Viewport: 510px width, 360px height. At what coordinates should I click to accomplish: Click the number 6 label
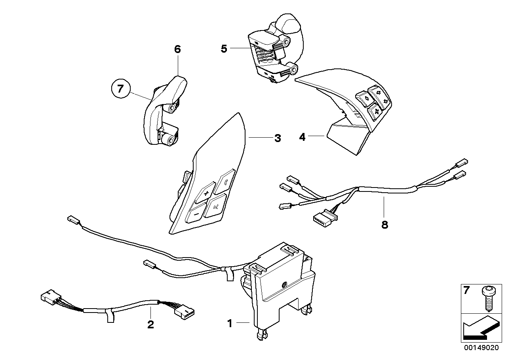pyautogui.click(x=177, y=49)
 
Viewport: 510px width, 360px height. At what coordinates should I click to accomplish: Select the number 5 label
pyautogui.click(x=224, y=49)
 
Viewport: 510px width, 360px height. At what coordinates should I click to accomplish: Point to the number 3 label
pyautogui.click(x=278, y=138)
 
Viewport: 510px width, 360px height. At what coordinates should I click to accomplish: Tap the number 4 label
pyautogui.click(x=303, y=137)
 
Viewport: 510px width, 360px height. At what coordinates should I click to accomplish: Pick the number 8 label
pyautogui.click(x=384, y=225)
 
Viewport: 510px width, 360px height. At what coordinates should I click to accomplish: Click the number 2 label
pyautogui.click(x=150, y=325)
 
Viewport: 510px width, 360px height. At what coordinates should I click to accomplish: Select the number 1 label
pyautogui.click(x=230, y=324)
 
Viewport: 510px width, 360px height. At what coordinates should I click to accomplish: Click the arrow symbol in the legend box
pyautogui.click(x=478, y=328)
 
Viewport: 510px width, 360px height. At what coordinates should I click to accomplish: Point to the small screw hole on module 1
pyautogui.click(x=284, y=285)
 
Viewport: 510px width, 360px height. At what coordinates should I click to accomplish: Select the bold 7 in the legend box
pyautogui.click(x=466, y=291)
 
